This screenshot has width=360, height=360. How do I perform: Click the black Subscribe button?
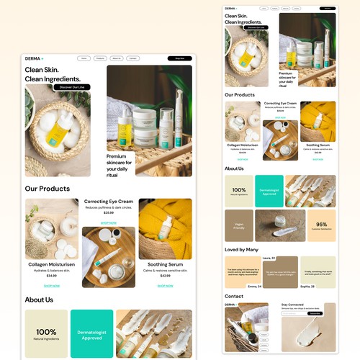(x=315, y=313)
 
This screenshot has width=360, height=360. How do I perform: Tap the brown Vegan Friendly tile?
(x=239, y=225)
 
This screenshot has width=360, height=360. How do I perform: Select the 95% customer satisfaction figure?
(x=321, y=225)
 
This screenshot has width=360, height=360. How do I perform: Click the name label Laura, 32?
(x=269, y=258)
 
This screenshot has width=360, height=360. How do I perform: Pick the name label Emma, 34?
(x=253, y=287)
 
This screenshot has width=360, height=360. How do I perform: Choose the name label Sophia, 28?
(x=307, y=287)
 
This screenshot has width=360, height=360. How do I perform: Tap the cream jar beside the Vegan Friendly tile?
(x=280, y=225)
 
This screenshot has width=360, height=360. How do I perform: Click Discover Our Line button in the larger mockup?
(x=71, y=86)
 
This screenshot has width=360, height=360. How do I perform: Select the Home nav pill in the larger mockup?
(x=84, y=58)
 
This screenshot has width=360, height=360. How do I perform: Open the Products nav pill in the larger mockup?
(x=101, y=58)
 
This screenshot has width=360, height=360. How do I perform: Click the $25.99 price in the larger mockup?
(x=109, y=213)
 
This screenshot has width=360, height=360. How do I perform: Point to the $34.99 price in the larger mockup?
(x=52, y=276)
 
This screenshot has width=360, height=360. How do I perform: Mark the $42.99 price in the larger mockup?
(x=166, y=276)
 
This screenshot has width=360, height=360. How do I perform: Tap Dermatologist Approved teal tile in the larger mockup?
(x=91, y=333)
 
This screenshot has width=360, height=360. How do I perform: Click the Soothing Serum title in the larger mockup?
(x=166, y=264)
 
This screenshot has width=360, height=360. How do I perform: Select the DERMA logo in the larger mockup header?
(x=33, y=58)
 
